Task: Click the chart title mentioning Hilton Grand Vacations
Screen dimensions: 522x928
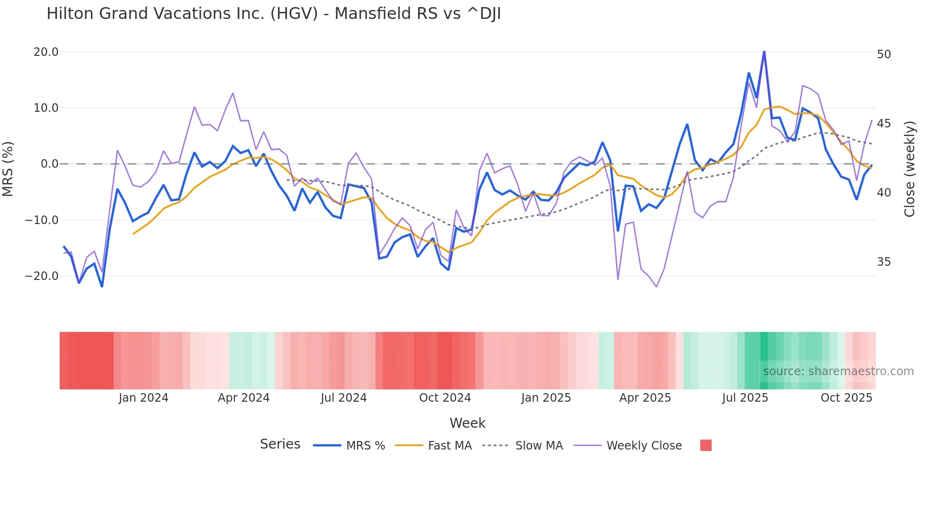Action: (x=273, y=14)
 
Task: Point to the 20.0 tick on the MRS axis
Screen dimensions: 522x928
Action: (x=46, y=52)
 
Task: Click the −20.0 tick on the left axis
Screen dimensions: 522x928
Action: (x=42, y=276)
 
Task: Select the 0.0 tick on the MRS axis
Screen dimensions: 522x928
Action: (x=49, y=164)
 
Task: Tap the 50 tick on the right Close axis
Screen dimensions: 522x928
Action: (x=883, y=54)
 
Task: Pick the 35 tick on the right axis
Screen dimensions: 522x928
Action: (x=883, y=262)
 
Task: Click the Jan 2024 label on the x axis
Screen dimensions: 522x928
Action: (x=143, y=398)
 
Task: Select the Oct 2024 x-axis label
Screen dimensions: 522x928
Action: (x=445, y=398)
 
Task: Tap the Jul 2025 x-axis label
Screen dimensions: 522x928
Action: (x=745, y=398)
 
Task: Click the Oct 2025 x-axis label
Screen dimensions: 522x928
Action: (x=846, y=398)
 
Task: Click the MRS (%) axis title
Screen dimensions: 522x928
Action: (x=8, y=169)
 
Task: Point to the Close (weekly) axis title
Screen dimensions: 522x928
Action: (x=909, y=169)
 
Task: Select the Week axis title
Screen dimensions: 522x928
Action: (x=467, y=423)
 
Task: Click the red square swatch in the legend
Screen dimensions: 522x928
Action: (x=705, y=445)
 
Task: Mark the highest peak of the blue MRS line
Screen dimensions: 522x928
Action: (x=764, y=52)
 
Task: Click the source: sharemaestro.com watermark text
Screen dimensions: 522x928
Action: (x=838, y=371)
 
